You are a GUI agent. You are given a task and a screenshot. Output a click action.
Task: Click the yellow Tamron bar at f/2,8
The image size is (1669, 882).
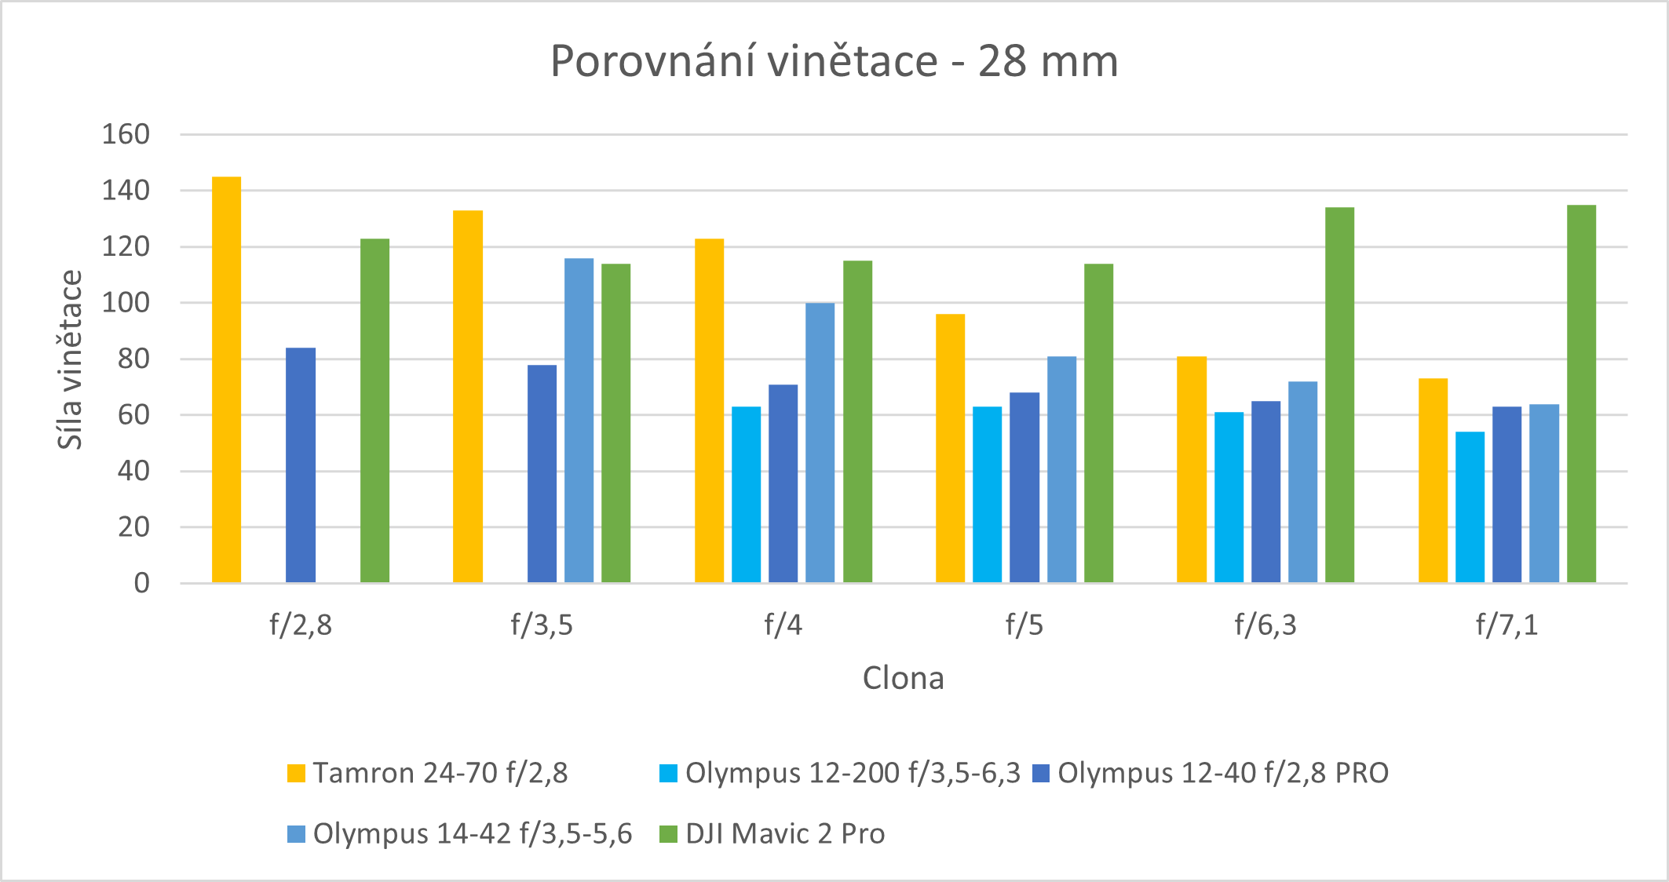pyautogui.click(x=226, y=380)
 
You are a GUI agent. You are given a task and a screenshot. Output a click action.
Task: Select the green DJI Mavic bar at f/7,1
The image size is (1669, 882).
pyautogui.click(x=1581, y=394)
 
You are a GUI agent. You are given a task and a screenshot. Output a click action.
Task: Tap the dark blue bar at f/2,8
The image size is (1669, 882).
pyautogui.click(x=301, y=465)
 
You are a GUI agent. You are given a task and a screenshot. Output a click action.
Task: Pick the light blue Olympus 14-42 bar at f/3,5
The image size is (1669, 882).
pyautogui.click(x=579, y=421)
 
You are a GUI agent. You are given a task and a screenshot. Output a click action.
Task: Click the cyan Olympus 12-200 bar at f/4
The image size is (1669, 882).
pyautogui.click(x=746, y=494)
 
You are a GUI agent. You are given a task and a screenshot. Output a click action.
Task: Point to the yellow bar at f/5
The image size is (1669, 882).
pyautogui.click(x=950, y=448)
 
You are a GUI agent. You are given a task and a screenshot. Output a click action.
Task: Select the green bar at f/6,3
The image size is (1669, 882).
pyautogui.click(x=1339, y=395)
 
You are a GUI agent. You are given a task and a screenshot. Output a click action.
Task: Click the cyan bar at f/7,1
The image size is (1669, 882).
pyautogui.click(x=1470, y=507)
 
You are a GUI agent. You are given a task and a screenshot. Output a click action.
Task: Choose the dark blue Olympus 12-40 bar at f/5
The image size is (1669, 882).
pyautogui.click(x=1024, y=487)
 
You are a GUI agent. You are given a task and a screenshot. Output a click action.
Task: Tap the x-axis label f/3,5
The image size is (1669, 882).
pyautogui.click(x=542, y=625)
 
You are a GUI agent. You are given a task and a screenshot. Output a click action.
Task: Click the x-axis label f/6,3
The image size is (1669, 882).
pyautogui.click(x=1265, y=625)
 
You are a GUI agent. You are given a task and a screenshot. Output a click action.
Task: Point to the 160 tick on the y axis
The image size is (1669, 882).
pyautogui.click(x=126, y=134)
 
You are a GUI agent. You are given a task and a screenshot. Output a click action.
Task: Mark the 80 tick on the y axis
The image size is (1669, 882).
pyautogui.click(x=133, y=359)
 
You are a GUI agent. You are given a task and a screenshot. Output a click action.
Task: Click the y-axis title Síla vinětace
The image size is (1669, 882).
pyautogui.click(x=70, y=359)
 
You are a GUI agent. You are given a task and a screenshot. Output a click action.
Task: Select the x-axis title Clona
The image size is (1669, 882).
pyautogui.click(x=903, y=678)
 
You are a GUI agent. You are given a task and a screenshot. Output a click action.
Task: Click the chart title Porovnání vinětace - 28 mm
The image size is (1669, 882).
pyautogui.click(x=834, y=61)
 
